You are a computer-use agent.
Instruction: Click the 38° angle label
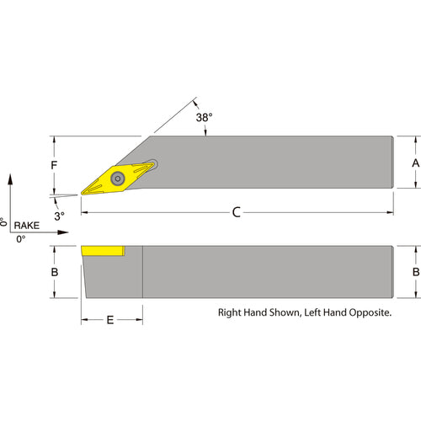204,118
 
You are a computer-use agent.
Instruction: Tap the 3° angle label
59,216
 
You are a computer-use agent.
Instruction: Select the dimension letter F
54,165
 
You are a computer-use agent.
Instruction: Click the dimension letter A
416,163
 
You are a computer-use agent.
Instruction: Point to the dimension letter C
237,212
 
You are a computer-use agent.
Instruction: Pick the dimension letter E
110,320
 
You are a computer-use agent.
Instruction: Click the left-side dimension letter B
55,272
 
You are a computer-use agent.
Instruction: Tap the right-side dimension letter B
416,272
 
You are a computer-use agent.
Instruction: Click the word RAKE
27,226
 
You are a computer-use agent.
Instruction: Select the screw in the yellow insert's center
118,179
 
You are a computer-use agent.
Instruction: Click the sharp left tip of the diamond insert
82,194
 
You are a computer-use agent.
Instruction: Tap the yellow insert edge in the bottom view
103,251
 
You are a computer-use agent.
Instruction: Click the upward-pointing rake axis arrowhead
10,179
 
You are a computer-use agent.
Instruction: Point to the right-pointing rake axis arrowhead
63,232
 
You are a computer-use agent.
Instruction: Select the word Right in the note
229,312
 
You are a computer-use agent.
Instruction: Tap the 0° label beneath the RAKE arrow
21,239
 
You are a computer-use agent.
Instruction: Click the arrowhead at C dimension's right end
390,212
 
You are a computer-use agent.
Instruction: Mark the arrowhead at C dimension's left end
84,212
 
